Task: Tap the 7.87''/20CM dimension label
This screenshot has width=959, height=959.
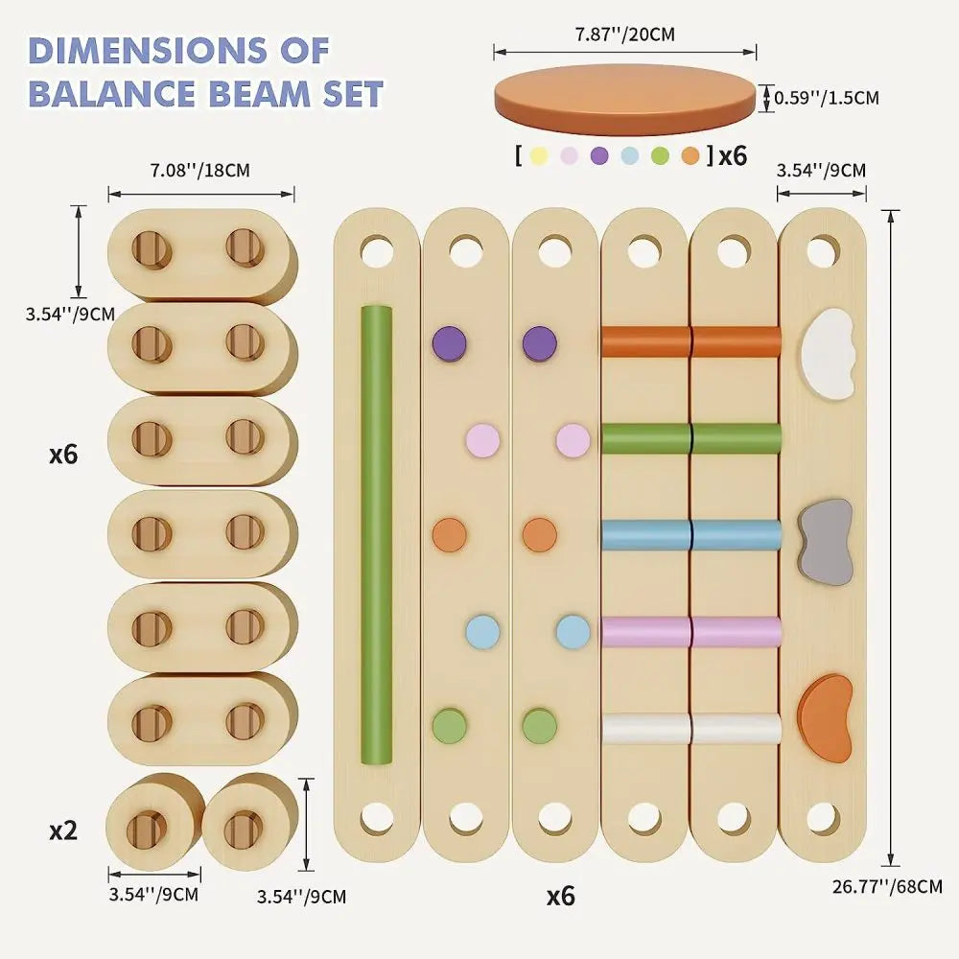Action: pos(624,35)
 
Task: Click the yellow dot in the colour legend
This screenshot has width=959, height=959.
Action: pos(539,155)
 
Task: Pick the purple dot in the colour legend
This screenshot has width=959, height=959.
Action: pos(600,155)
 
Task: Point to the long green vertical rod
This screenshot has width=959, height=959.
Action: pos(376,534)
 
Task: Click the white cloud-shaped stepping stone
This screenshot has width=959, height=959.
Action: pos(827,352)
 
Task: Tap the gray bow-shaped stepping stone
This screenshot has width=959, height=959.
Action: pos(826,541)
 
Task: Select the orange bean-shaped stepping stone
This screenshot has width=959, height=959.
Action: pos(827,717)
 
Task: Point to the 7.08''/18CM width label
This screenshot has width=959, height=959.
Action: pos(199,171)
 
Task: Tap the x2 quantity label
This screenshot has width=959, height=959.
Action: pos(62,830)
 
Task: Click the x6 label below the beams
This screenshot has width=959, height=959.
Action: pos(560,896)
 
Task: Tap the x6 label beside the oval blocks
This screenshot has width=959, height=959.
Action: pos(62,454)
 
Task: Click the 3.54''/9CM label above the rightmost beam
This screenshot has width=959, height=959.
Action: pos(821,171)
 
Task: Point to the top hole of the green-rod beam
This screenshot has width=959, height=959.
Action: pos(376,251)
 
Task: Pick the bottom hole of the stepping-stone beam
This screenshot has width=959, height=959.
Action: pos(823,818)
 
